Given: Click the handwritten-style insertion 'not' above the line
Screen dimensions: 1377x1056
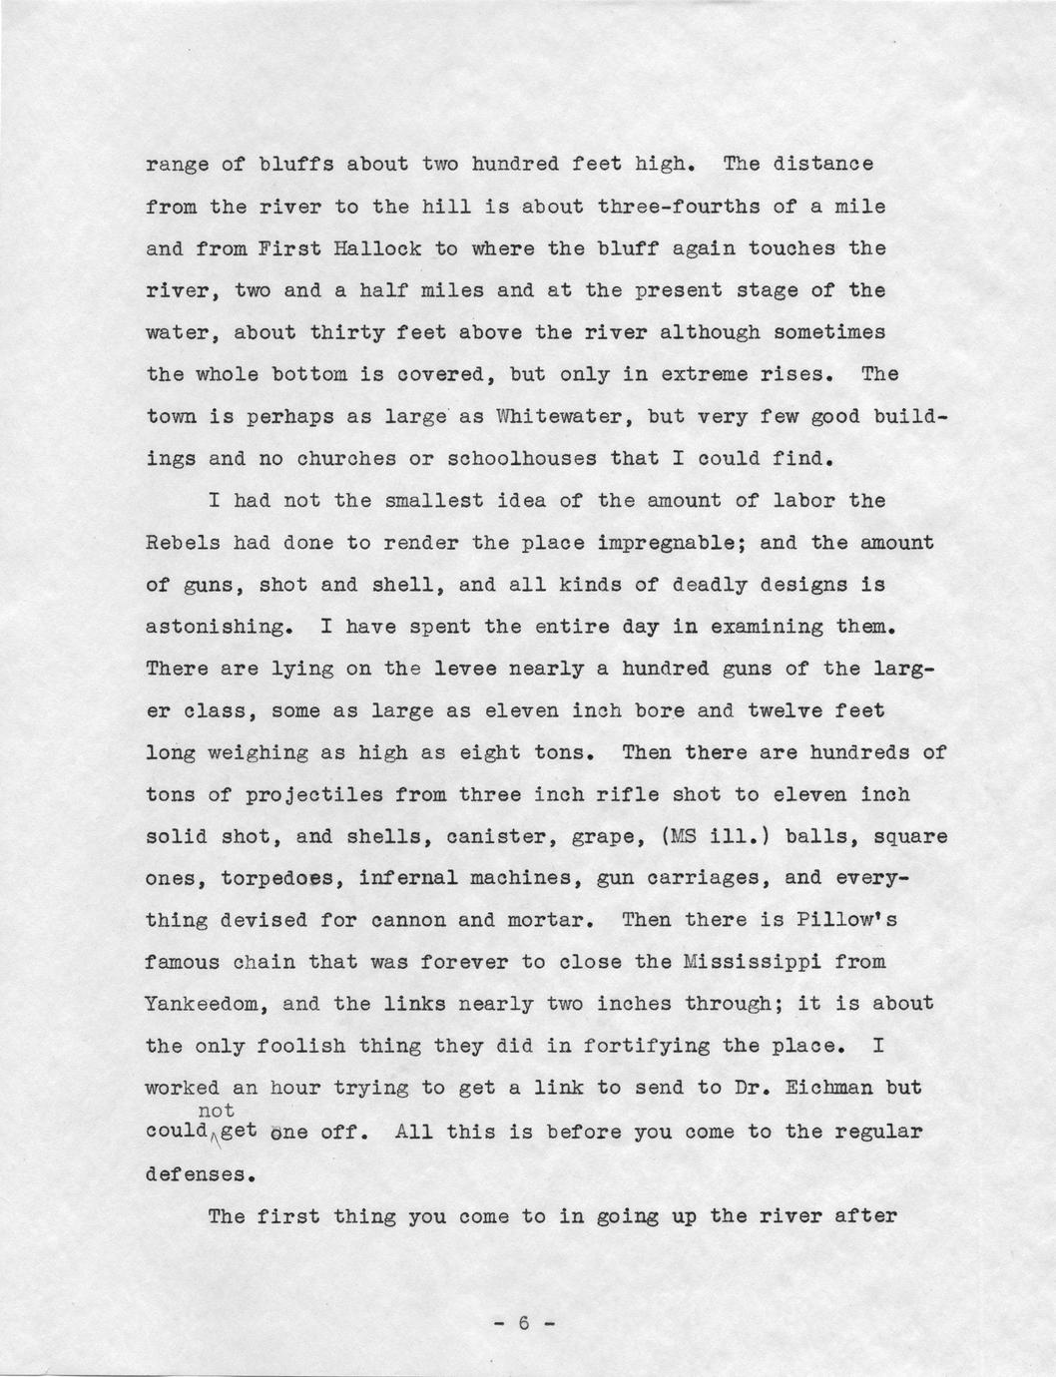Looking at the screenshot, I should pos(217,1111).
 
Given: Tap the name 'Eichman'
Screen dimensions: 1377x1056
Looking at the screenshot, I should pos(834,1088).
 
